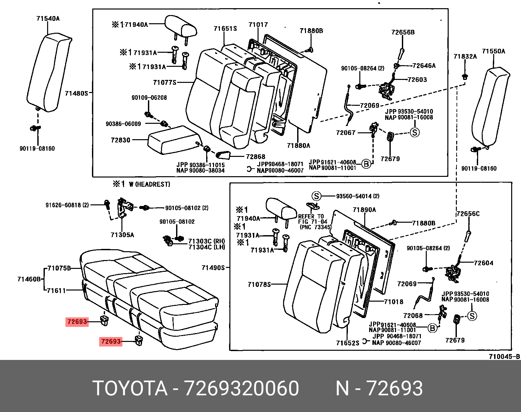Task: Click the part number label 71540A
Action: [x=48, y=19]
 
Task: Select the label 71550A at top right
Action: [x=494, y=51]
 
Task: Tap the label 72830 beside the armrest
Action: [x=120, y=140]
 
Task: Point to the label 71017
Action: [x=258, y=25]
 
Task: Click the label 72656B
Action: [x=403, y=32]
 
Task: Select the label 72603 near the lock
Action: [x=417, y=80]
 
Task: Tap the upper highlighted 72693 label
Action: [x=77, y=322]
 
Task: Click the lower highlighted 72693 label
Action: [x=111, y=342]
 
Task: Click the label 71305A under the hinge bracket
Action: [x=122, y=235]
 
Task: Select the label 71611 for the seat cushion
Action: [x=56, y=290]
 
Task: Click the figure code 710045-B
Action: [x=504, y=357]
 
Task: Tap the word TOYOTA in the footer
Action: [x=130, y=388]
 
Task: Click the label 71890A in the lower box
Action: [x=364, y=210]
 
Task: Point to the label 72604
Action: [x=483, y=263]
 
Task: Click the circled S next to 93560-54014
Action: [x=316, y=196]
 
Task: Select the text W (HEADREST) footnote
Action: [x=149, y=184]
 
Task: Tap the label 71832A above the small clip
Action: [x=465, y=56]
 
